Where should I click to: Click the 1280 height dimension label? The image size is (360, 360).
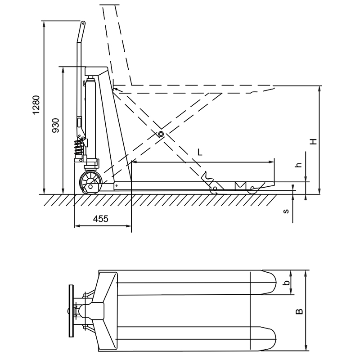tap(36, 105)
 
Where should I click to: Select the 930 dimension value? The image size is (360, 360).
tap(55, 126)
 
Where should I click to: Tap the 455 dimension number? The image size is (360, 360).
tap(100, 219)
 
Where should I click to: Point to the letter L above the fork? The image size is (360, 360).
tap(200, 152)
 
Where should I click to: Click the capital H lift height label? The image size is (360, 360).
tap(313, 141)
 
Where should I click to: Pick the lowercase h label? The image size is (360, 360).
tap(299, 165)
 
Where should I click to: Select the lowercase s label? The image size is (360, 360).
tap(286, 211)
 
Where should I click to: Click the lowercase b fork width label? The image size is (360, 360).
tap(286, 283)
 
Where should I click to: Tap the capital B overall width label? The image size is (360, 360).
tap(299, 311)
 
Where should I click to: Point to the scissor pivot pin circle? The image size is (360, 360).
tap(161, 134)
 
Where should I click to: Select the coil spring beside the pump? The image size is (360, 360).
tap(78, 147)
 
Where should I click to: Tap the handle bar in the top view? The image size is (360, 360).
tap(71, 311)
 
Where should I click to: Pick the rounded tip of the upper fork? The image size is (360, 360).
tap(274, 283)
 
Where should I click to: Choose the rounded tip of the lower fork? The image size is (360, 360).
tap(274, 339)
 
